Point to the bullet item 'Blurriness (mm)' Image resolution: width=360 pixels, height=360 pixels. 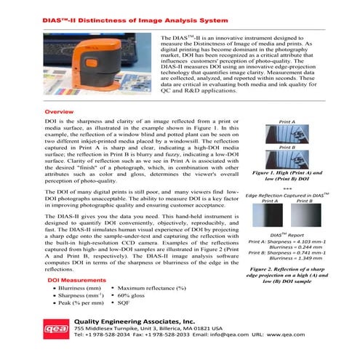(x=83, y=289)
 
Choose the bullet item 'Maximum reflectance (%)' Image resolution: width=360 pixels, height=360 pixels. (x=151, y=289)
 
